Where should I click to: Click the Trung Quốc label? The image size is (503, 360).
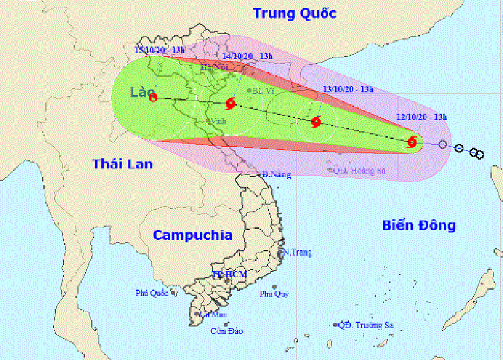[294, 13]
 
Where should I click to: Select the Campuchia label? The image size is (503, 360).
[192, 235]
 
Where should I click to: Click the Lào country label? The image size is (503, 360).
[142, 93]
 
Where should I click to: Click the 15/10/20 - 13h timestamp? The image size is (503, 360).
[159, 49]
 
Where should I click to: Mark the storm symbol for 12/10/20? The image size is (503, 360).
[412, 142]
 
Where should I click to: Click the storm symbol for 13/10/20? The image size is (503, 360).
[316, 121]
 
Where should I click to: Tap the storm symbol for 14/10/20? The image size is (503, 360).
[231, 104]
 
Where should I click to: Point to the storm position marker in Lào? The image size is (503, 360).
[154, 97]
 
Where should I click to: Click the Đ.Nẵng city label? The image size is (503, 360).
[277, 175]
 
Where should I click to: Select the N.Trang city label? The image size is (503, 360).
[299, 253]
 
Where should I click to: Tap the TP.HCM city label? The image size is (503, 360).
[229, 275]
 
